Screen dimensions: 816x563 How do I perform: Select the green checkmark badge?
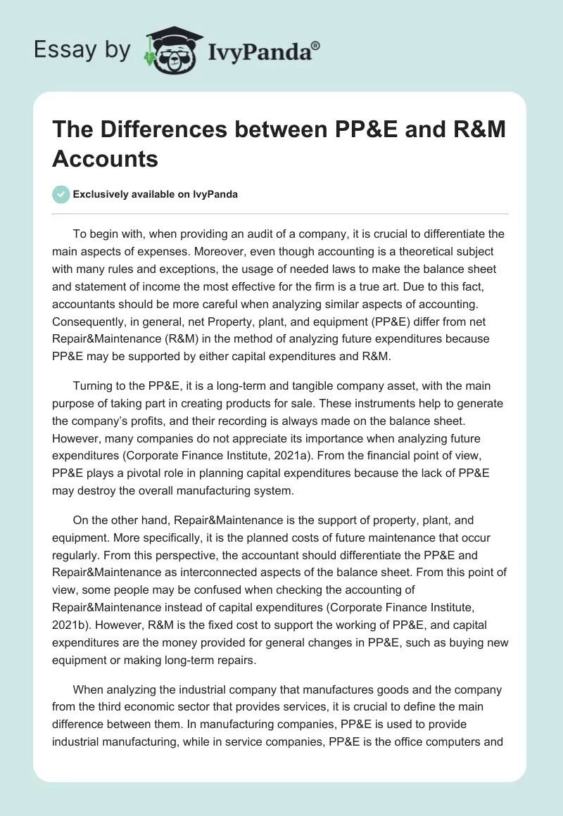(61, 194)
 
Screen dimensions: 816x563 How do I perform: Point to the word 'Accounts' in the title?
(105, 159)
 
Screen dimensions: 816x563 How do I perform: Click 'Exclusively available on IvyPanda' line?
(155, 194)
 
